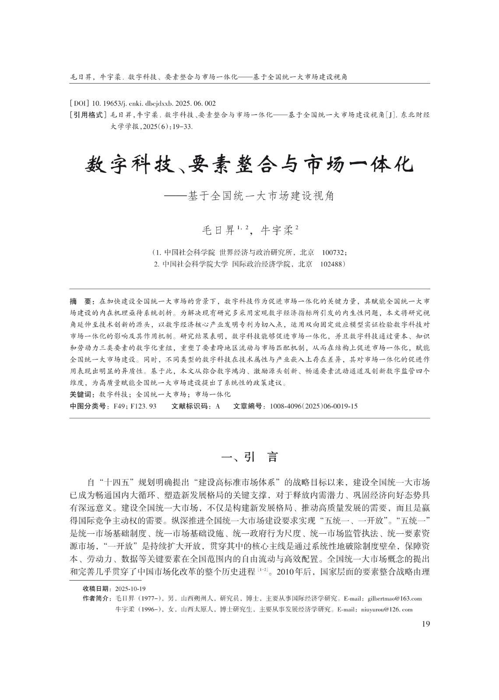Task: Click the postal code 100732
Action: coord(334,253)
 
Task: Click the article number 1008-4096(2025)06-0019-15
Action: coord(313,406)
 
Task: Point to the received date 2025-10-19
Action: coord(130,588)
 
